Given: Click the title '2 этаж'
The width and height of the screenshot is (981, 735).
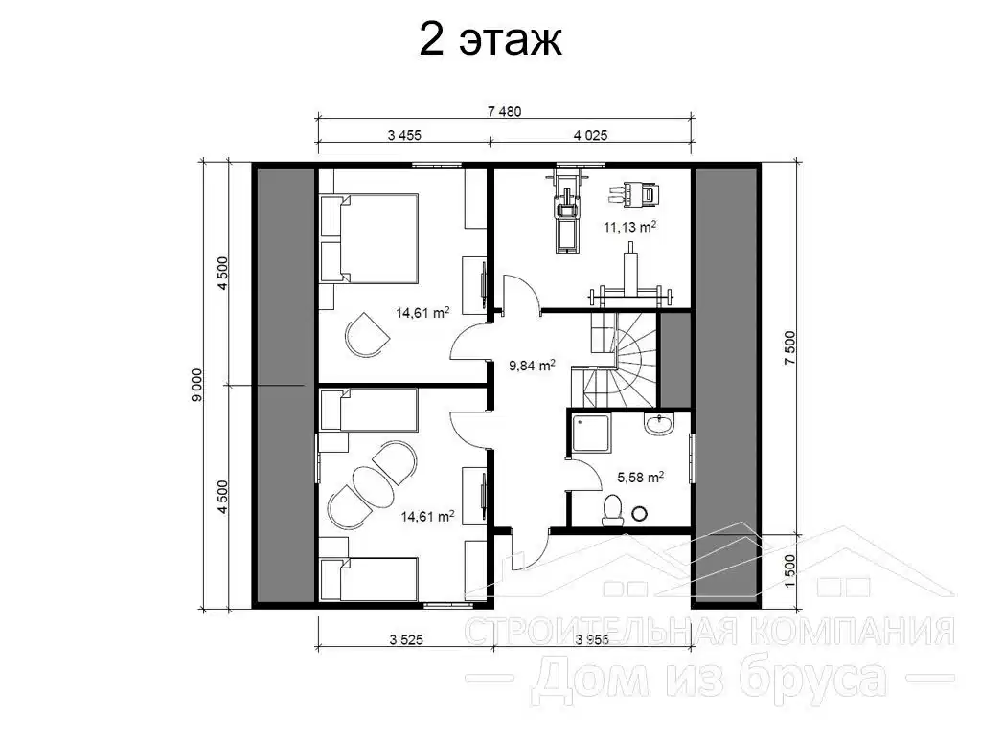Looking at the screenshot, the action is click(x=490, y=42).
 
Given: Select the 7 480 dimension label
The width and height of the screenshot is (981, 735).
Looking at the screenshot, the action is click(x=504, y=112).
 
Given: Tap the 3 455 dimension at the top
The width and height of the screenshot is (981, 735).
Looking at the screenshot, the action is click(x=405, y=135).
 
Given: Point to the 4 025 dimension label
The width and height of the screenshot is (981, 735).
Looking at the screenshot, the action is click(x=590, y=135).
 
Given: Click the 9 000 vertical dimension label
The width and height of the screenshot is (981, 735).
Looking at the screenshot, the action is click(x=197, y=385).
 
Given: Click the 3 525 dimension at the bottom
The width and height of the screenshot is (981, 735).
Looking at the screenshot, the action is click(x=406, y=639).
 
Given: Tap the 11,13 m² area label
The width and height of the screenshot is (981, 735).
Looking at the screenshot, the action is click(x=630, y=227).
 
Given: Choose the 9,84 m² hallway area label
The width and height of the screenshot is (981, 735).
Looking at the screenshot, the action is click(x=532, y=366).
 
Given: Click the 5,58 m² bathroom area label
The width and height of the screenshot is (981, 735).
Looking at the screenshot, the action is click(x=641, y=479).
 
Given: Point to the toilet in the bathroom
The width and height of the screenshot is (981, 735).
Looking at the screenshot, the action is click(x=612, y=509).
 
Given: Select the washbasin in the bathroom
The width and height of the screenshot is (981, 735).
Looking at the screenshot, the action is click(x=657, y=424).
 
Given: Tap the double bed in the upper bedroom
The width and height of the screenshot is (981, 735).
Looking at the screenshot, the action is click(x=369, y=238).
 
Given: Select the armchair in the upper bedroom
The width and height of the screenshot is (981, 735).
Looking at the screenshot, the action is click(x=367, y=334).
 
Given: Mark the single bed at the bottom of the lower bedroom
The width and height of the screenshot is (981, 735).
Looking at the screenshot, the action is click(x=369, y=580).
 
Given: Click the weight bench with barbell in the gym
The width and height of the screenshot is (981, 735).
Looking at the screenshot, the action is click(x=630, y=281).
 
